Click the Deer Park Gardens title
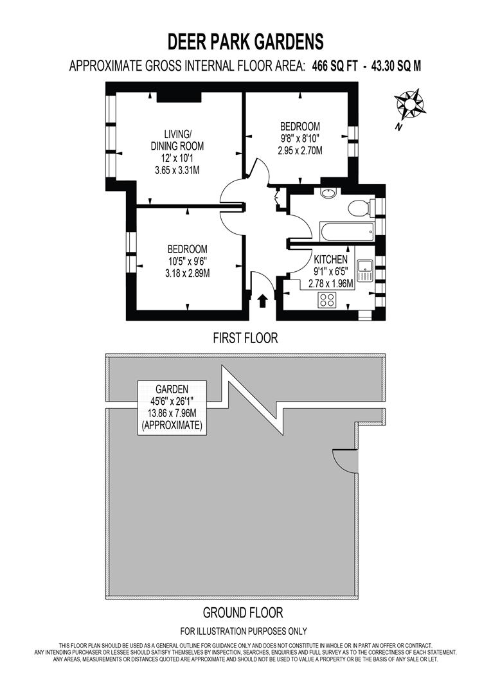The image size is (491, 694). coord(245,42)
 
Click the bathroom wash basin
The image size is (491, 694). coord(327,193)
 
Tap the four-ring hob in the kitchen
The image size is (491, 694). coord(327,299)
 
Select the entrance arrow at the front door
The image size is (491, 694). coord(262,301)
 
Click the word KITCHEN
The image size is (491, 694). coord(330,259)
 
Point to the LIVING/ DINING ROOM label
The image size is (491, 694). coord(177,140)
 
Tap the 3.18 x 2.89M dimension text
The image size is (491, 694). coord(187,273)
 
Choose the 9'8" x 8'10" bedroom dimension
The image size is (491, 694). coord(299,138)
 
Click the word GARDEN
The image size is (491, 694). coord(172,389)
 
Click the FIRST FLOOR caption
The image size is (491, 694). coord(245,338)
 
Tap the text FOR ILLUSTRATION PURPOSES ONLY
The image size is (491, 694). coord(243,631)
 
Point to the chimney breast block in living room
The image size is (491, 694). coord(179,96)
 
